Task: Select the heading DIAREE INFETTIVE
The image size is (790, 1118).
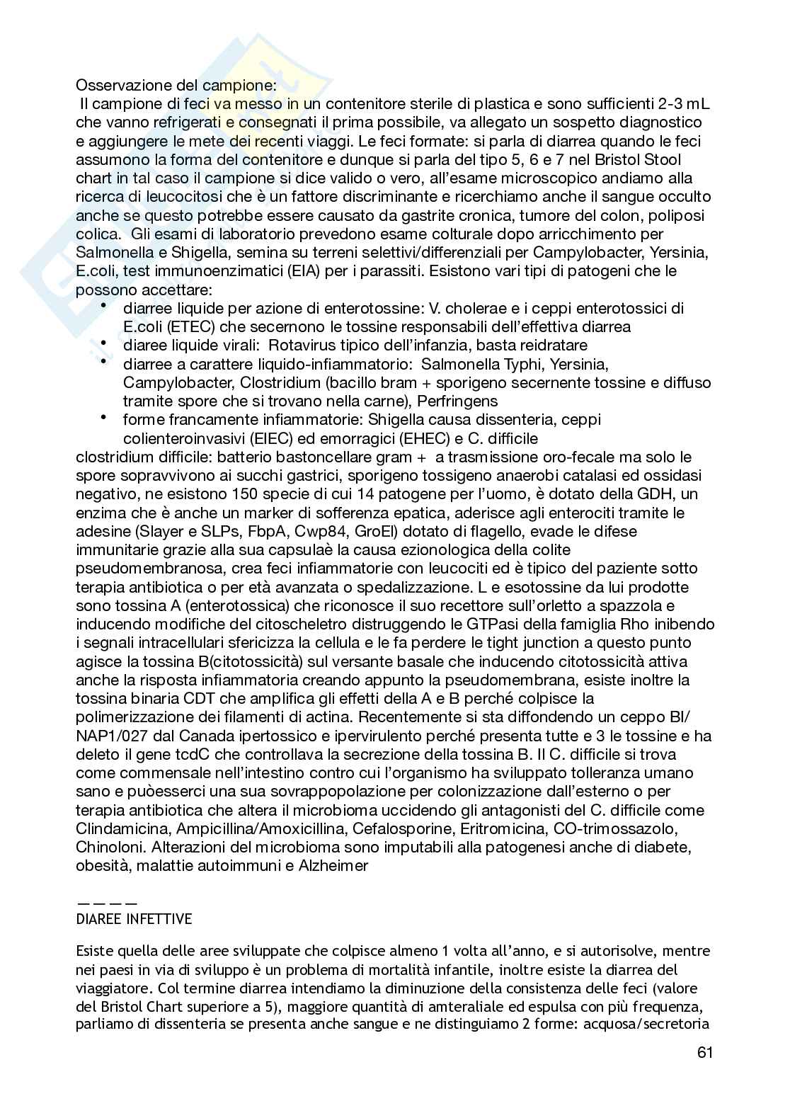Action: pos(134,919)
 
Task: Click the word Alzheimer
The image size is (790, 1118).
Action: pos(333,865)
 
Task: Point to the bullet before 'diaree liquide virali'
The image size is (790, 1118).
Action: pos(103,343)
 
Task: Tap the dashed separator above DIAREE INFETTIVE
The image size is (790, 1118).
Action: pos(107,903)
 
